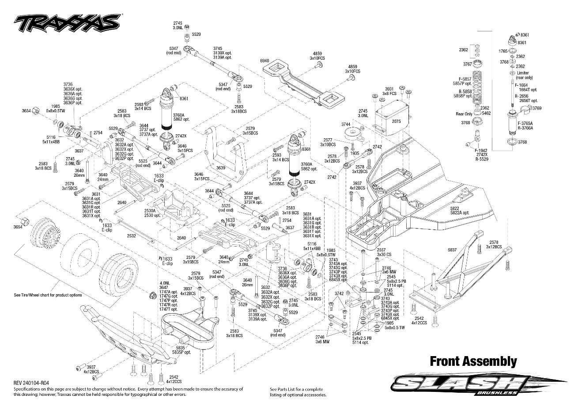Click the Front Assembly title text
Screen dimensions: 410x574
coord(473,361)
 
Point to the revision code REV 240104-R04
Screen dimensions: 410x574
coord(31,383)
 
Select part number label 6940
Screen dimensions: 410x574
coord(265,60)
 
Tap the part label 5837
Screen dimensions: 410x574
coord(452,250)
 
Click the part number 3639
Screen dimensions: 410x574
coord(221,168)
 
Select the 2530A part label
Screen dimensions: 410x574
coord(150,211)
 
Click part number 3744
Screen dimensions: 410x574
coord(346,125)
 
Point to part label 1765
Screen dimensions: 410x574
coord(503,51)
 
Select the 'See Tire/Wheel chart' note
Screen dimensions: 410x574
coord(48,295)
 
